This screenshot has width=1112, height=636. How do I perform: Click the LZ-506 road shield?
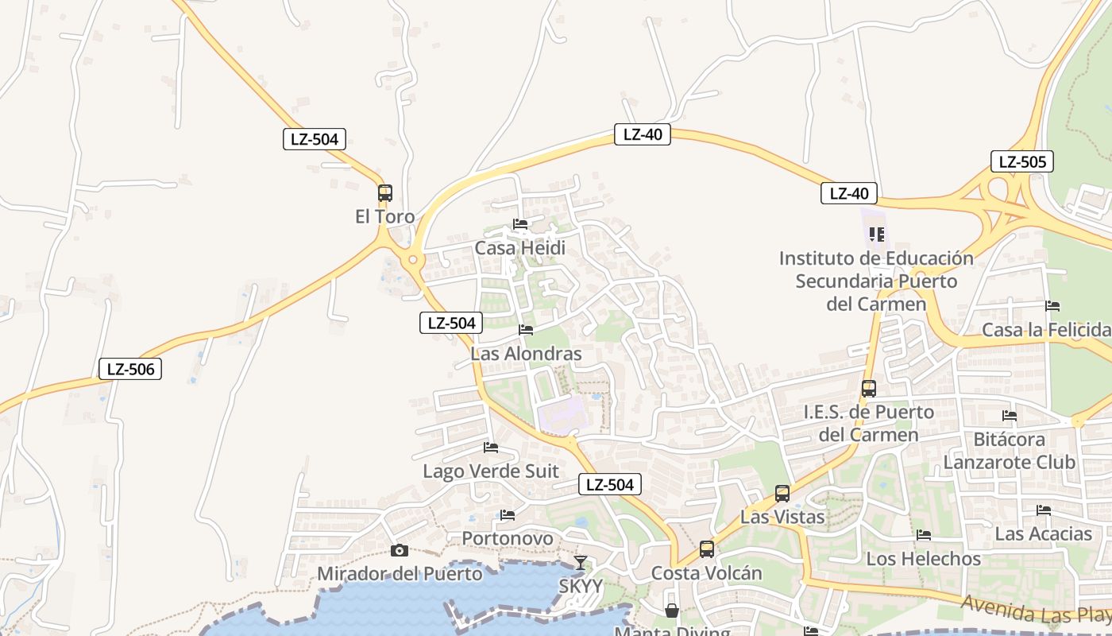tap(130, 369)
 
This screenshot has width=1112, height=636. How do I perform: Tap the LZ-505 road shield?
tap(1022, 162)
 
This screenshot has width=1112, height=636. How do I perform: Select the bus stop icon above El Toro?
tap(385, 193)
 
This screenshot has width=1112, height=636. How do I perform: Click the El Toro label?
tap(385, 216)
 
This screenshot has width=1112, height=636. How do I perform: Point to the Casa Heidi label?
tap(520, 248)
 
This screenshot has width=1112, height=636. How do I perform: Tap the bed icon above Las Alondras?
tap(526, 330)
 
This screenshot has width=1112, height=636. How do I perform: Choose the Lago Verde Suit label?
tap(491, 471)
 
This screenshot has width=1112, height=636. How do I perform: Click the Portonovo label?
tap(508, 538)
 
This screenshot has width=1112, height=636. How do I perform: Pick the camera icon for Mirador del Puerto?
tap(400, 550)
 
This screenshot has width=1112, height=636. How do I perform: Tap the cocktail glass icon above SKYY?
tap(581, 563)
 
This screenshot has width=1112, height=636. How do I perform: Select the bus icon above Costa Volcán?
tap(707, 549)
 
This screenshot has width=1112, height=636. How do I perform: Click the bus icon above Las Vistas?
tap(782, 494)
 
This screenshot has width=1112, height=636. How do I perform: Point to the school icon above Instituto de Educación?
tap(877, 235)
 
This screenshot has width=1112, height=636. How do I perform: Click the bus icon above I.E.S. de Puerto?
tap(869, 389)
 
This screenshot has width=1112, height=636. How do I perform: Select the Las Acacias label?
tap(1044, 533)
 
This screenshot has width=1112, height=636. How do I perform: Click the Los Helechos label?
tap(924, 559)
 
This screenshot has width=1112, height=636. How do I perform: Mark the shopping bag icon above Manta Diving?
tap(672, 611)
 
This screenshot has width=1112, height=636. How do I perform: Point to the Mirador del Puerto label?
tap(400, 573)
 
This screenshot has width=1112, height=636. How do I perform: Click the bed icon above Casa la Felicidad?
tap(1053, 306)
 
